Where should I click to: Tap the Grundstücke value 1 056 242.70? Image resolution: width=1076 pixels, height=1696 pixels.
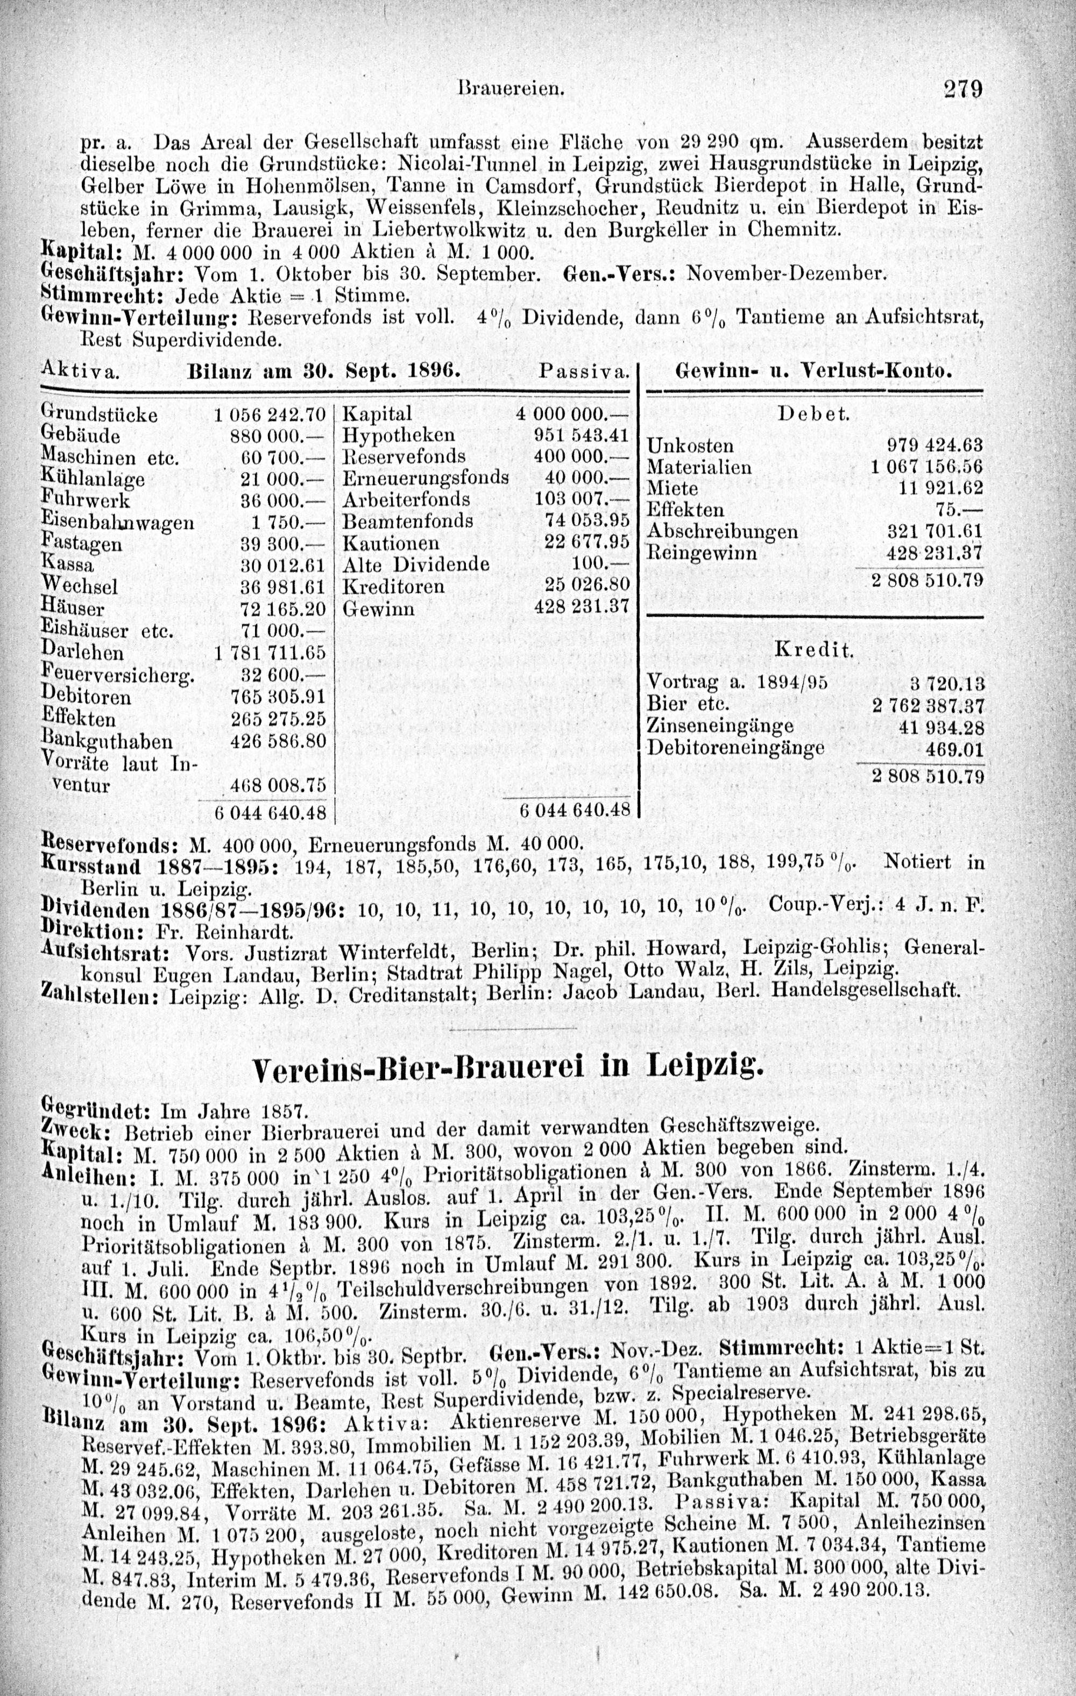click(x=271, y=413)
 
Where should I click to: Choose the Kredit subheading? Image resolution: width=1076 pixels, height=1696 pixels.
click(x=813, y=649)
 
